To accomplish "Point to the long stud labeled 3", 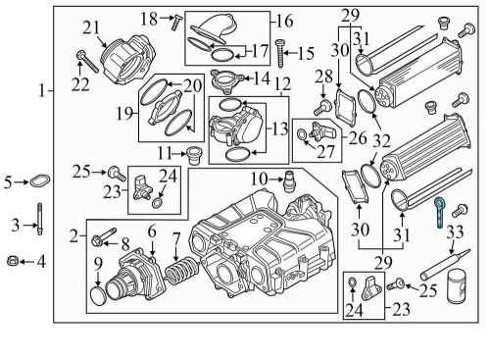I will (x=38, y=226).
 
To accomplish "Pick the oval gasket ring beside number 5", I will (x=38, y=181).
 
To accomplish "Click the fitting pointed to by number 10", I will (x=289, y=180).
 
